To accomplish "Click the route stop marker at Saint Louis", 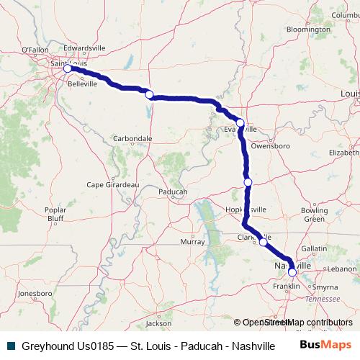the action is (x=68, y=69).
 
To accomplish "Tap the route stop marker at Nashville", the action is (x=292, y=272).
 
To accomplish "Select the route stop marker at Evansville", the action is (x=240, y=123).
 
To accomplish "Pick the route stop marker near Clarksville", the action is (x=264, y=243).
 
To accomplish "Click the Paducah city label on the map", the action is (x=171, y=192).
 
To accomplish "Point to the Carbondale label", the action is (x=132, y=138).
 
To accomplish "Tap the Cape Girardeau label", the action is (x=112, y=184).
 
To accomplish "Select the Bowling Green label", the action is (x=314, y=214).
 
